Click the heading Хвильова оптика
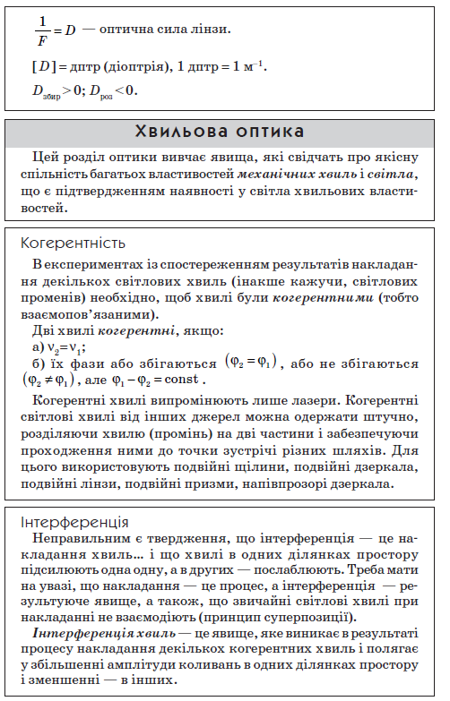(x=221, y=133)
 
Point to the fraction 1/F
(x=41, y=30)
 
